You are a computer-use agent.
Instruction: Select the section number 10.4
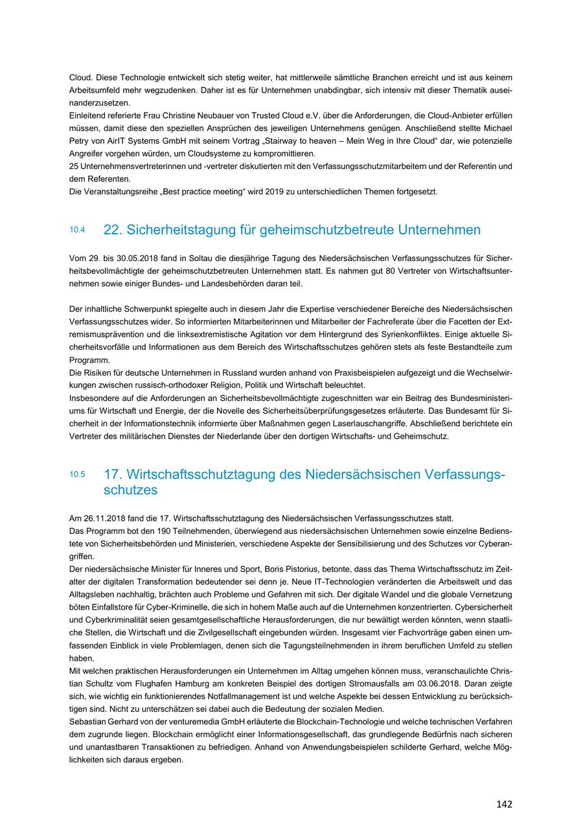tap(77, 230)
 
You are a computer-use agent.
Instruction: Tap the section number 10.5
tap(77, 474)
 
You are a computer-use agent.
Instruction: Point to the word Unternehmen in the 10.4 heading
tap(440, 230)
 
